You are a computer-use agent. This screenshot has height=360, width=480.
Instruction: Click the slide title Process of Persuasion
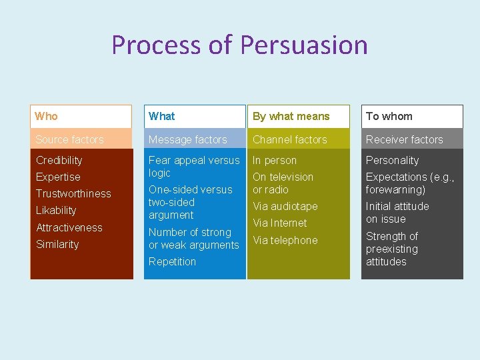pos(239,45)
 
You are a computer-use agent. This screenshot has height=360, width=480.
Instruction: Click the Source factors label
pos(70,139)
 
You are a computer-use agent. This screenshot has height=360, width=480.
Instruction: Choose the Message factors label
pos(187,139)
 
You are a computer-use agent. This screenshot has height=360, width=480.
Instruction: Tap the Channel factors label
pos(289,139)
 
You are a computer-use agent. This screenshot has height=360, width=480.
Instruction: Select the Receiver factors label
pos(404,139)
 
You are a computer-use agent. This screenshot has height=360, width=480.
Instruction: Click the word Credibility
pos(59,160)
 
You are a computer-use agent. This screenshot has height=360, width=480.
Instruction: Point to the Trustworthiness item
pos(73,193)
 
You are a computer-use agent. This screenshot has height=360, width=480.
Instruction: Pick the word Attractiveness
pos(69,227)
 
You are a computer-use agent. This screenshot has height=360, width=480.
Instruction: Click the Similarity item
pos(57,244)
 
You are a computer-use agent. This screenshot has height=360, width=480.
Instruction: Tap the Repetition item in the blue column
pos(172,261)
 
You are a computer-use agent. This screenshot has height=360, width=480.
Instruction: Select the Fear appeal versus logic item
pos(193,166)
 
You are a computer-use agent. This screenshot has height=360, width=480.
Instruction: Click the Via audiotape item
pos(285,206)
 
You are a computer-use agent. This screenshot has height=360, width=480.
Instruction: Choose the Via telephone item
pos(285,240)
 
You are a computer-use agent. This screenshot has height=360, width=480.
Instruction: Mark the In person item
pos(274,160)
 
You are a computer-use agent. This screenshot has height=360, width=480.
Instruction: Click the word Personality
pos(392,160)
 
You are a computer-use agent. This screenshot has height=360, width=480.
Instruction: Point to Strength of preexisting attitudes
pos(392,249)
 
